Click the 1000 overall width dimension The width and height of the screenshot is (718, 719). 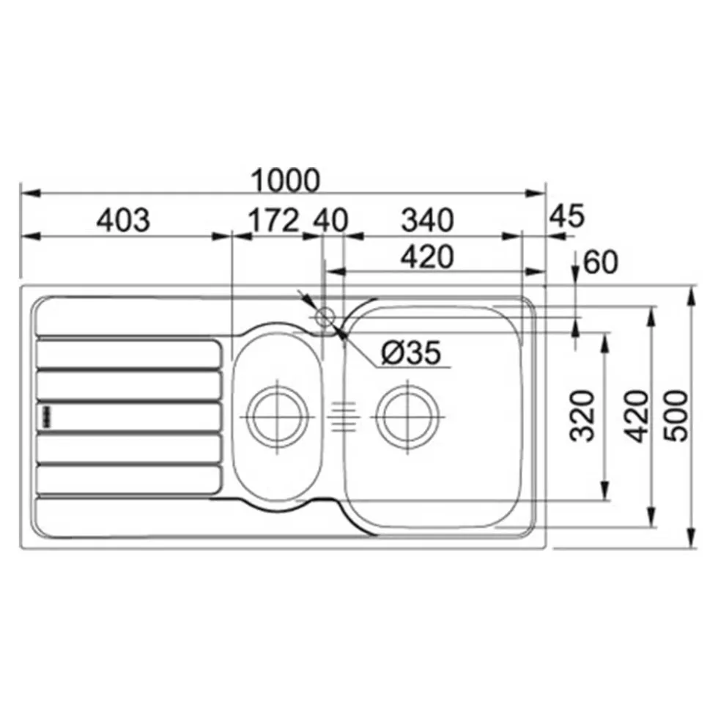[x=286, y=181]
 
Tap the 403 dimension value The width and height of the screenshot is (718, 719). [x=123, y=221]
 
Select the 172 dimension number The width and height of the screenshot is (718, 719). [x=273, y=221]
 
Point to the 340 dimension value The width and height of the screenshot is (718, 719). [x=427, y=221]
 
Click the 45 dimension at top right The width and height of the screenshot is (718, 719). [x=566, y=216]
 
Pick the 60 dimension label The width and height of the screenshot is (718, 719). [x=600, y=262]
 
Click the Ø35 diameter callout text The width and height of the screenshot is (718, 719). [x=411, y=352]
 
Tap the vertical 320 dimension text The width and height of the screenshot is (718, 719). [x=582, y=416]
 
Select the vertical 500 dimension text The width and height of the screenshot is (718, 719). [x=676, y=416]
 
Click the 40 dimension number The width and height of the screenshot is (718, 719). [x=330, y=221]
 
